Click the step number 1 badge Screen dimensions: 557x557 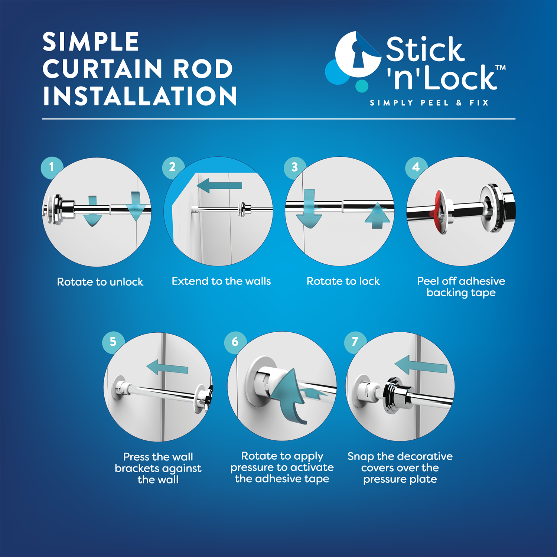(x=52, y=167)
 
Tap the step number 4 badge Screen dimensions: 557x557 (x=416, y=167)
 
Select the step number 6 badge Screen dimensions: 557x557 (x=235, y=342)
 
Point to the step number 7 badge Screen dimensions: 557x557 (x=355, y=342)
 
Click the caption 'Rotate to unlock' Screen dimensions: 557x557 (x=100, y=282)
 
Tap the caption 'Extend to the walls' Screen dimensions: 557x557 (x=221, y=281)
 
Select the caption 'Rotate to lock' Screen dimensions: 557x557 (x=343, y=281)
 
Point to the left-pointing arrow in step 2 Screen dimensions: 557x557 (x=219, y=185)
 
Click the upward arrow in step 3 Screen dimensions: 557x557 (x=377, y=215)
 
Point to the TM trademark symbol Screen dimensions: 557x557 (x=500, y=68)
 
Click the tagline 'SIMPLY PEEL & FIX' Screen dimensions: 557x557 (x=429, y=103)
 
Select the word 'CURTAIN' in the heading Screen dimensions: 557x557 (x=102, y=69)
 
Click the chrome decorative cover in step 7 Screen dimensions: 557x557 (x=394, y=396)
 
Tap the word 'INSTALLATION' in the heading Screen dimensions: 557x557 (x=140, y=96)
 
